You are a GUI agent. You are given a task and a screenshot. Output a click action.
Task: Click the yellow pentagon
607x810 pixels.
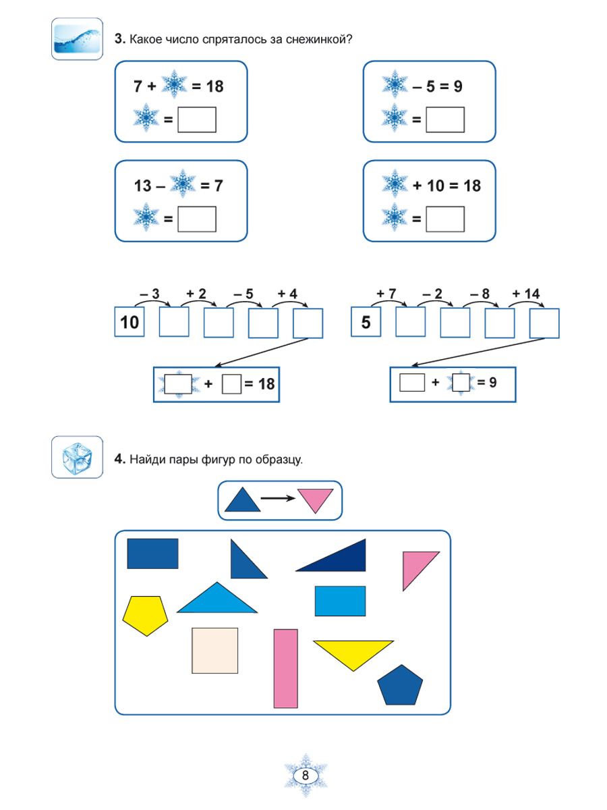pyautogui.click(x=144, y=615)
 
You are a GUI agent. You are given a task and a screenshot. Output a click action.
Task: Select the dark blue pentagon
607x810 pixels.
pyautogui.click(x=400, y=686)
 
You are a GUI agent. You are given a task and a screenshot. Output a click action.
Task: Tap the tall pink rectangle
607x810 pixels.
pyautogui.click(x=286, y=668)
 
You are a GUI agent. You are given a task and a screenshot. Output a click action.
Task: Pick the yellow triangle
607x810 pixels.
pyautogui.click(x=353, y=652)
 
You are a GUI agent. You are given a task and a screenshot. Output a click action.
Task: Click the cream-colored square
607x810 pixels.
pyautogui.click(x=214, y=650)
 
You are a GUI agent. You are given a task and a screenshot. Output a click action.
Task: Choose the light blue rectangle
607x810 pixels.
pyautogui.click(x=340, y=601)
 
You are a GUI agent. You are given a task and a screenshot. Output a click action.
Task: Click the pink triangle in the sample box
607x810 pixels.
pyautogui.click(x=316, y=500)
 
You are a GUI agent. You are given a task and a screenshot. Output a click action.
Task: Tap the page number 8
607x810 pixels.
pyautogui.click(x=306, y=776)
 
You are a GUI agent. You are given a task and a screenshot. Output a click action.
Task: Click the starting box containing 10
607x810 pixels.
pyautogui.click(x=129, y=322)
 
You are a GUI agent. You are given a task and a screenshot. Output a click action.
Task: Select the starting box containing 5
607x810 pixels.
pyautogui.click(x=366, y=322)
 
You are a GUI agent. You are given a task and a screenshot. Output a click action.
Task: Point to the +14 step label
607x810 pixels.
pyautogui.click(x=526, y=294)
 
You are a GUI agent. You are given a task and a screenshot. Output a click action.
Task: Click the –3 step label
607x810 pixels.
pyautogui.click(x=149, y=294)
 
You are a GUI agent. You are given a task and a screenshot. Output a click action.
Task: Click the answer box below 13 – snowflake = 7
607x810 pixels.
pyautogui.click(x=196, y=219)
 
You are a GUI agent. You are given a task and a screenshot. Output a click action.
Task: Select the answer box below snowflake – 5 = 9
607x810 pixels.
pyautogui.click(x=445, y=119)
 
